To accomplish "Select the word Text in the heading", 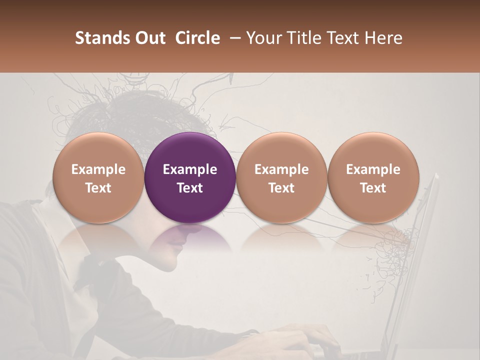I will click(x=341, y=38).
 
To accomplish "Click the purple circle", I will click(x=190, y=150).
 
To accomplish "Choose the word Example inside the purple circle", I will click(x=190, y=169).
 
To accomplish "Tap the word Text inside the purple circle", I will click(x=190, y=188).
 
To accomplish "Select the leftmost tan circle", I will click(x=98, y=150).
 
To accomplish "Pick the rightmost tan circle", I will click(x=373, y=150).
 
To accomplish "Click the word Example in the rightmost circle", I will click(x=373, y=169).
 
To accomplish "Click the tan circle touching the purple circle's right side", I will click(x=281, y=150).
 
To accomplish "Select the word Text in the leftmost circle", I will click(x=98, y=188).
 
